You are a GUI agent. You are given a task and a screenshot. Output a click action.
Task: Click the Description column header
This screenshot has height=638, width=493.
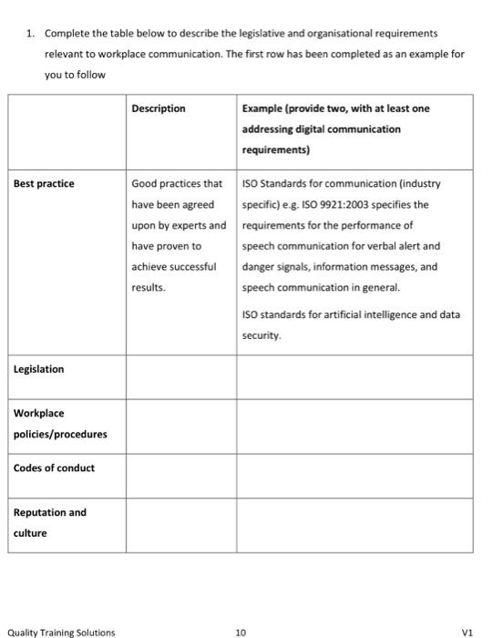158,108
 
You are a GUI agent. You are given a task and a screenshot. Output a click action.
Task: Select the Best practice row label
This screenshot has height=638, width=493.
44,183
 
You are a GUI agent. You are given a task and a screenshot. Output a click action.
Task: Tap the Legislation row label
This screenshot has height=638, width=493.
38,369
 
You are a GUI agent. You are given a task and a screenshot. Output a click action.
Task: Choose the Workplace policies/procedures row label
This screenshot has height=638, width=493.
59,423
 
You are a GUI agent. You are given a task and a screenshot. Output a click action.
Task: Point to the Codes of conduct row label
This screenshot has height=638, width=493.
54,468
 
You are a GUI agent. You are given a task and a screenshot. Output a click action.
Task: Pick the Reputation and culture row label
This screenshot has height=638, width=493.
49,521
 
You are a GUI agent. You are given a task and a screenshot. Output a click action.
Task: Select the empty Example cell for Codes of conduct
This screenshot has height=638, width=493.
355,475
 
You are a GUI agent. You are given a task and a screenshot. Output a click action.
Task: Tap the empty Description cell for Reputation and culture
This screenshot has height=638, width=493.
181,523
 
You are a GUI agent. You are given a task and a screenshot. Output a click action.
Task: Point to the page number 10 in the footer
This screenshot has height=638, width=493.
241,632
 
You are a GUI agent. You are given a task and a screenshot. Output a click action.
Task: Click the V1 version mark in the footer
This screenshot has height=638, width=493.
468,632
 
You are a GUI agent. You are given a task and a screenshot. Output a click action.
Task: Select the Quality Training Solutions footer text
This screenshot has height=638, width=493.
61,632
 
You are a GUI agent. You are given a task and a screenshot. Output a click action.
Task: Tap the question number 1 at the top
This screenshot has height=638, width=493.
30,33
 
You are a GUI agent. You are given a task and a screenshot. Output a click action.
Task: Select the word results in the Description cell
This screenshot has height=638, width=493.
149,287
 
